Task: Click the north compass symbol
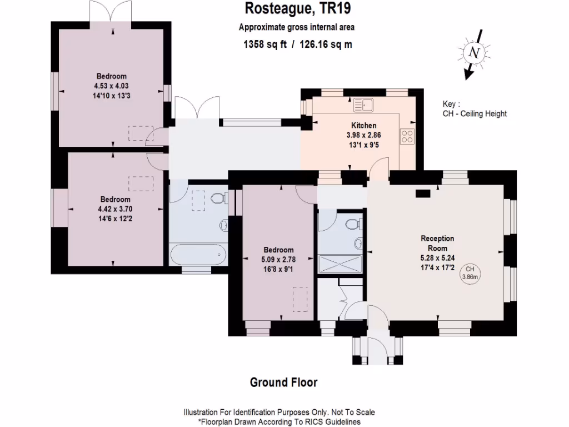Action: [474, 54]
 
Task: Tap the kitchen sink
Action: [365, 104]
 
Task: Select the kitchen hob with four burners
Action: [407, 136]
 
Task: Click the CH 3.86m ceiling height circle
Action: [470, 272]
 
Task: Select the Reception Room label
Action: [437, 243]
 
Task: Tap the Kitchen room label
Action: [364, 125]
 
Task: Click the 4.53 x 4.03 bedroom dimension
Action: [111, 86]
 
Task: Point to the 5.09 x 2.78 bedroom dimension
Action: [279, 259]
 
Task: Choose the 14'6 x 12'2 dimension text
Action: [115, 218]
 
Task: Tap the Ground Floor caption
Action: [283, 383]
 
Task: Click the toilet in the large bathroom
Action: [217, 199]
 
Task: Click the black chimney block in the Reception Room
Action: [423, 193]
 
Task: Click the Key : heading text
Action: [451, 104]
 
